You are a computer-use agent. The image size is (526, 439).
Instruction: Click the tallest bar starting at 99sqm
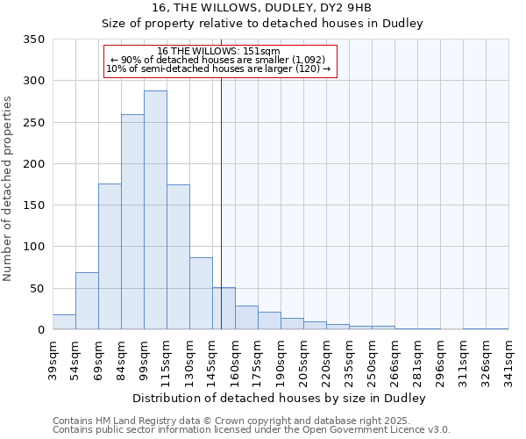(x=155, y=211)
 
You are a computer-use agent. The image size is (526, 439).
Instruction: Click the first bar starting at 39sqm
(x=64, y=322)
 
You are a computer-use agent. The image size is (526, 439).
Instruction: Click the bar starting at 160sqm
(x=246, y=318)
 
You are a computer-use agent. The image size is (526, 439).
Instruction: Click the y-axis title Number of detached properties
(x=9, y=188)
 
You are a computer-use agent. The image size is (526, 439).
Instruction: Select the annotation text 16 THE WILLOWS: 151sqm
(x=219, y=51)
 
